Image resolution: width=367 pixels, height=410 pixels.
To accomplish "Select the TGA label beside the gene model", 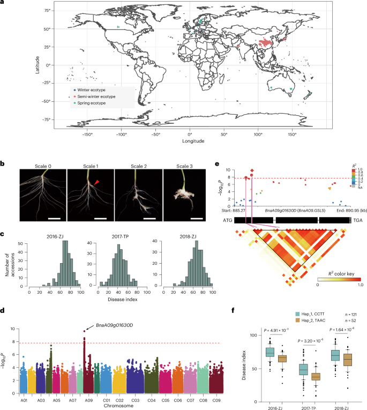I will coord(357,220).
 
